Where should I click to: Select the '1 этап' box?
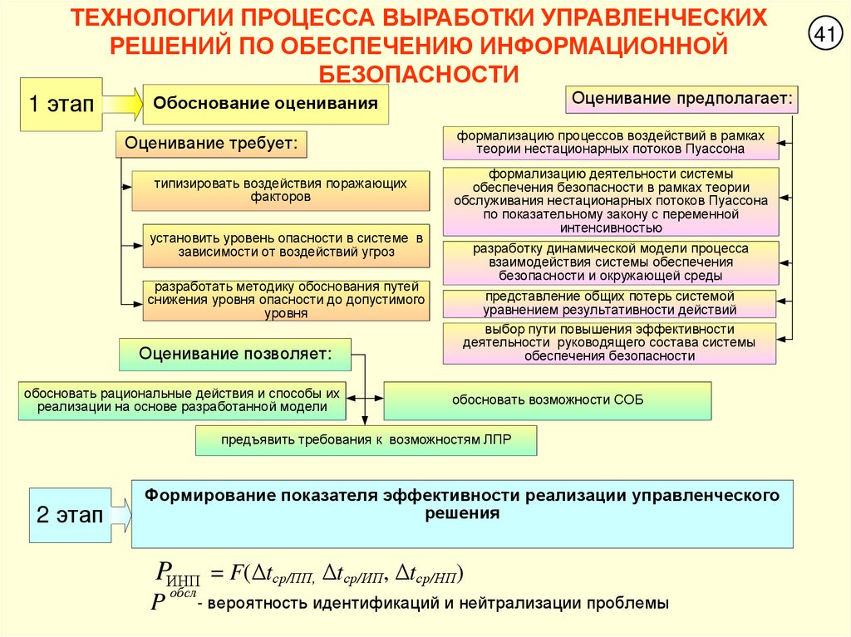click(x=61, y=104)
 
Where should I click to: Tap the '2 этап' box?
click(x=69, y=515)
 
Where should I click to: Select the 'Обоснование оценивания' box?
click(x=266, y=104)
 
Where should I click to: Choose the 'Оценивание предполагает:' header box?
click(x=682, y=99)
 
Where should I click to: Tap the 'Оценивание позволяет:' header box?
click(x=235, y=354)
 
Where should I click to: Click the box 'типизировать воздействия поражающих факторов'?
click(x=280, y=190)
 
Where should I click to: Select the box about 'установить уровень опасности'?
click(x=286, y=244)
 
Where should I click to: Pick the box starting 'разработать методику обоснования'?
click(x=286, y=300)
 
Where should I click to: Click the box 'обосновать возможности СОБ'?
click(x=547, y=400)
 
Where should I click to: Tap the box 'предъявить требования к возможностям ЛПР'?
click(x=366, y=439)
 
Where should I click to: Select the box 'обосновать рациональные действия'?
click(x=182, y=400)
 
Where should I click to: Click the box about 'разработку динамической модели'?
click(x=611, y=262)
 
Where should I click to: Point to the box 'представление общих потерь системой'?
click(x=609, y=303)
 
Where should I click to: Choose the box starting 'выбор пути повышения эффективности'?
click(x=609, y=342)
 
